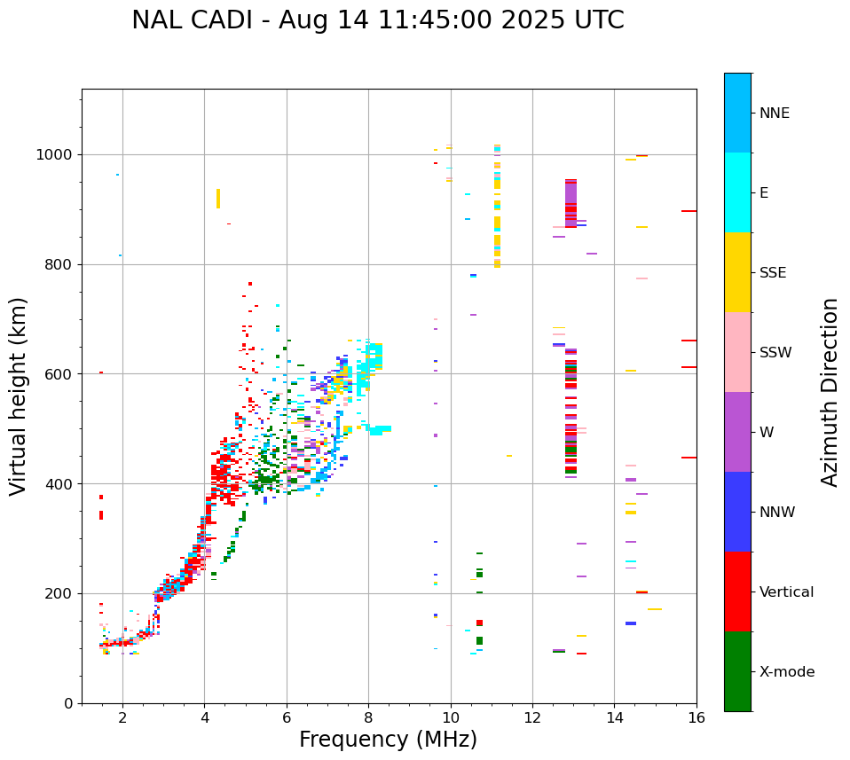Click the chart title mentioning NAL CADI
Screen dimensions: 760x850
[378, 20]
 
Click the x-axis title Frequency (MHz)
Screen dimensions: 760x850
[388, 740]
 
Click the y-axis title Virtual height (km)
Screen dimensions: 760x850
[19, 396]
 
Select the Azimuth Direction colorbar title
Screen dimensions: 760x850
[830, 392]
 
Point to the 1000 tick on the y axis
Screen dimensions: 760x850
[59, 155]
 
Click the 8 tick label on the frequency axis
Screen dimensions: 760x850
[368, 717]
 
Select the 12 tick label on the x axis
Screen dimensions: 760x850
[532, 717]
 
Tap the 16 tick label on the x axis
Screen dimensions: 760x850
[697, 717]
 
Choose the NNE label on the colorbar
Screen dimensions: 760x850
[774, 114]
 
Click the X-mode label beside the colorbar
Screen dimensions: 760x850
[786, 672]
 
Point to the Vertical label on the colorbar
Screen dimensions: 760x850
[786, 592]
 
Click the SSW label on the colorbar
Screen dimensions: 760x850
[775, 353]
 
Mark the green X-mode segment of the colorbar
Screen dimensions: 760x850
[737, 671]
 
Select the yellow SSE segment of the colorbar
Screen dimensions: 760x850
[737, 272]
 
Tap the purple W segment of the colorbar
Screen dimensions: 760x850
[737, 432]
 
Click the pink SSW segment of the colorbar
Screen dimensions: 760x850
[737, 352]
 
